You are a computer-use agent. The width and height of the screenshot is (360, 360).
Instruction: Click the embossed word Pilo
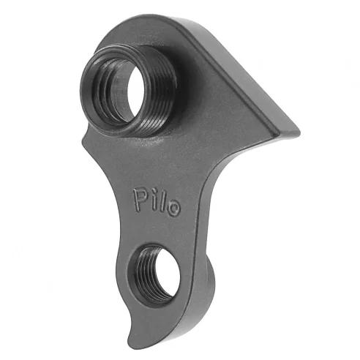[x=156, y=200]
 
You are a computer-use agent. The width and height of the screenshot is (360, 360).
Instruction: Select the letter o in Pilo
[x=173, y=206]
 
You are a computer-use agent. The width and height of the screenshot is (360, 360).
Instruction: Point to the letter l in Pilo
[x=162, y=200]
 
